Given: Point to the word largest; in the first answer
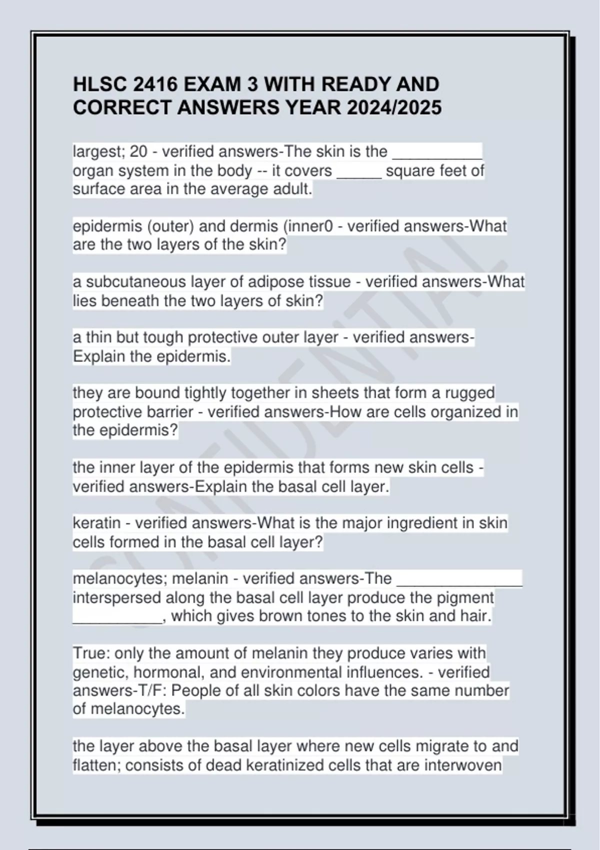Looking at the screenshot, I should [x=99, y=151].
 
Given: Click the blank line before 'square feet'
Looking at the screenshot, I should [x=359, y=171].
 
